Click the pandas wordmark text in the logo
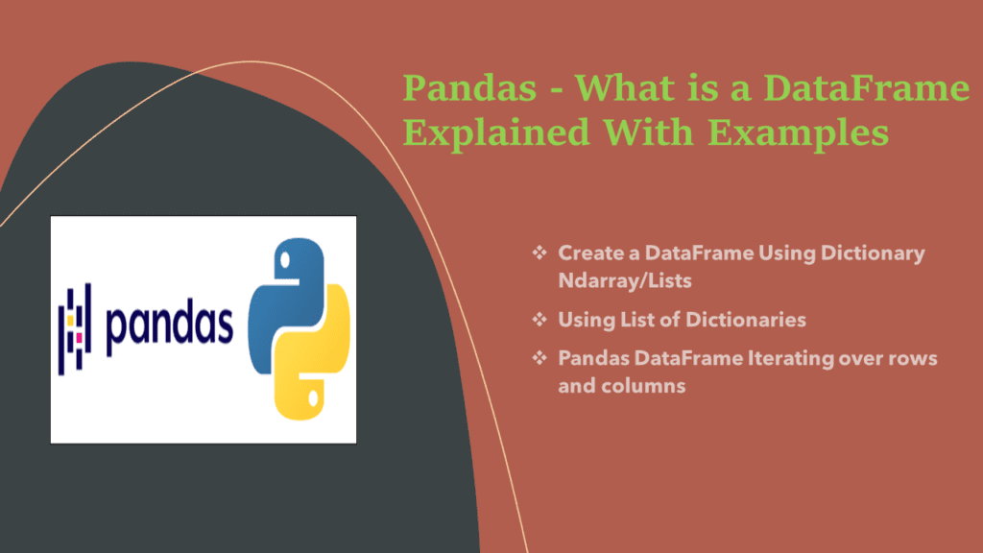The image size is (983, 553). [169, 326]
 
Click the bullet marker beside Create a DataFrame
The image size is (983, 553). [539, 253]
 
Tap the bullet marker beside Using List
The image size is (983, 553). [539, 319]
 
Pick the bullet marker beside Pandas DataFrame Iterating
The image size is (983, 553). [539, 358]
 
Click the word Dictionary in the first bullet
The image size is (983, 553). [875, 253]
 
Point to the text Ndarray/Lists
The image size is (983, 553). [611, 282]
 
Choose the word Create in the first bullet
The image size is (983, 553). [586, 253]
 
